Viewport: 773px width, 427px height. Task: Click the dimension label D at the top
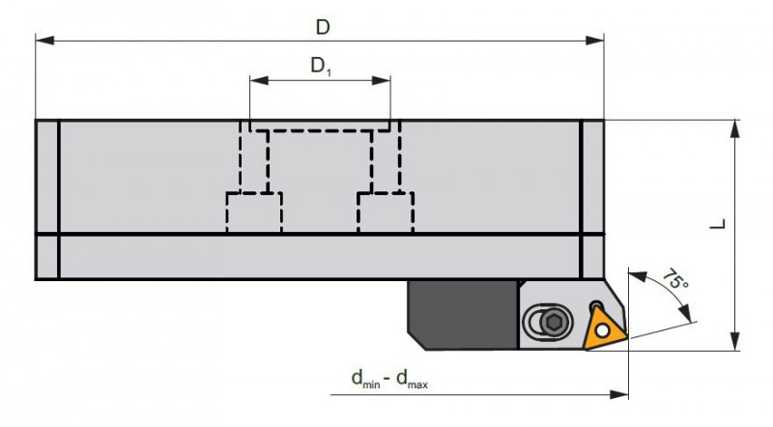click(323, 27)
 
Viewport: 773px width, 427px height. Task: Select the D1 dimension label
click(321, 66)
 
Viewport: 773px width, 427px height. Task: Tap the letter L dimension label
click(718, 224)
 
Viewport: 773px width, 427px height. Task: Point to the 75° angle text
click(674, 279)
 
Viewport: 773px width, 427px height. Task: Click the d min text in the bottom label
click(366, 379)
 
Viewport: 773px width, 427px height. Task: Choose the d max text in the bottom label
click(413, 379)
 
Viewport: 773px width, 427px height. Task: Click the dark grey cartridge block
click(463, 315)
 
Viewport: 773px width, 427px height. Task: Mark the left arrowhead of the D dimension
click(44, 41)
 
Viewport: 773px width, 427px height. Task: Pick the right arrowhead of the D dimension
click(594, 41)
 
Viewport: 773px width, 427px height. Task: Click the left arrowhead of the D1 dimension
click(259, 80)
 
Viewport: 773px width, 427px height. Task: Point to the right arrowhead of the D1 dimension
click(381, 80)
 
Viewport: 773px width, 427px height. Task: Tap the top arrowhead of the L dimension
click(734, 128)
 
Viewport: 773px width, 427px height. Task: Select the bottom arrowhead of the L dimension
click(734, 342)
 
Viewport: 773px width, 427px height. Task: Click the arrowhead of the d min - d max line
click(619, 394)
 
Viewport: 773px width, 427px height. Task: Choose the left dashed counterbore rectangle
click(254, 212)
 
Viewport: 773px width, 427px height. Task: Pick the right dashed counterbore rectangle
click(386, 212)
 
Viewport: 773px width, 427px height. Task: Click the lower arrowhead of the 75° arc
click(684, 313)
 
